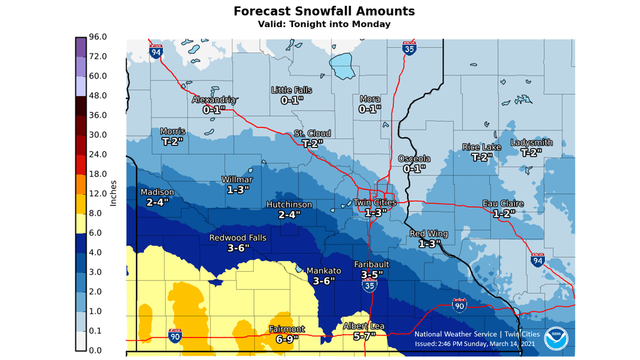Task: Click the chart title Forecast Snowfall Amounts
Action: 324,11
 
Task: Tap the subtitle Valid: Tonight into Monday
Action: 324,24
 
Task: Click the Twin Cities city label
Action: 374,202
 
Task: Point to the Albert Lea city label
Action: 363,326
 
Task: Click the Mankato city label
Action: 323,271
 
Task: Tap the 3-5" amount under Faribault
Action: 371,274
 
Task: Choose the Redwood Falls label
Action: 237,238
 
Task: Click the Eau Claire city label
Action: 503,203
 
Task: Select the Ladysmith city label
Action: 531,143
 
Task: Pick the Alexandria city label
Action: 213,100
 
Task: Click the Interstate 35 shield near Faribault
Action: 369,285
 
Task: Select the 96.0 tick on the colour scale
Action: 98,37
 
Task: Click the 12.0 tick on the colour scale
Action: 98,193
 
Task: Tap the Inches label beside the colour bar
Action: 113,193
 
